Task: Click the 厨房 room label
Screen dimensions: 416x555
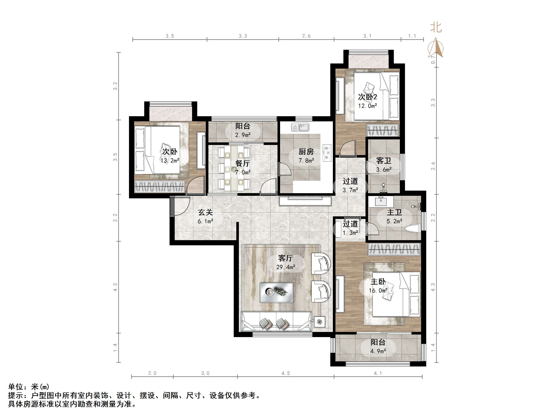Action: tap(306, 152)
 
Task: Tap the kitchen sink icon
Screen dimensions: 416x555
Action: tap(300, 127)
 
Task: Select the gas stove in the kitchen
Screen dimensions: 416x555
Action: tap(327, 153)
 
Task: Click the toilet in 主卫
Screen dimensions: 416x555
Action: tap(412, 228)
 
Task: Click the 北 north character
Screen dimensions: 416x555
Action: tap(436, 27)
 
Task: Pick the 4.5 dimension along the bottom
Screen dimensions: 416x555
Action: tap(285, 373)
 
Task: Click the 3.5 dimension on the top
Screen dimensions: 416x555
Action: tap(170, 36)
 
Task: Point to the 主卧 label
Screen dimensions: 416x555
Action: tap(378, 282)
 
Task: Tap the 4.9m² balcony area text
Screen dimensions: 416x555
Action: tap(378, 351)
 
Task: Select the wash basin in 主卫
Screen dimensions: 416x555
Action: tap(381, 201)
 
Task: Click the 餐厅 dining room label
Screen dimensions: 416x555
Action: tap(242, 163)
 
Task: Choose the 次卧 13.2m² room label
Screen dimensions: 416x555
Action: tap(170, 152)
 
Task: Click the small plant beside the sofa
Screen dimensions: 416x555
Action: tap(319, 322)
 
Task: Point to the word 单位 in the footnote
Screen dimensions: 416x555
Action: tap(16, 387)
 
